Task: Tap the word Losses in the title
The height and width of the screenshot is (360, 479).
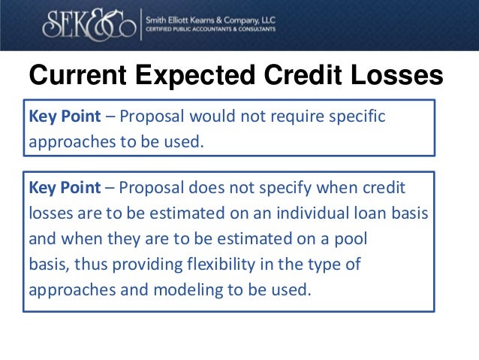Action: [396, 77]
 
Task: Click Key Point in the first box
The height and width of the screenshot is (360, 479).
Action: [62, 118]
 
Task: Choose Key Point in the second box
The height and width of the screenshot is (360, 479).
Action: [62, 188]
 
